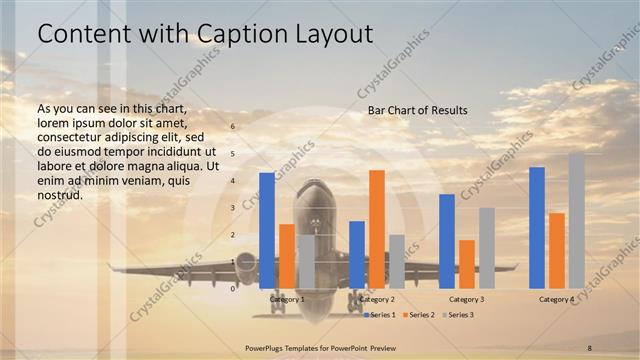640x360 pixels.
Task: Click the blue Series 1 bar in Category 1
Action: point(266,230)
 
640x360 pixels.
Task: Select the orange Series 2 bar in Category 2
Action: point(376,229)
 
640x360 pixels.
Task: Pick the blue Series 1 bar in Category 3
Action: point(447,241)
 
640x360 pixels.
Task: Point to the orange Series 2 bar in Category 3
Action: point(467,264)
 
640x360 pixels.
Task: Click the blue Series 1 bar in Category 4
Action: point(537,227)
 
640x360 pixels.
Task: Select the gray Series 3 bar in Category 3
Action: point(487,248)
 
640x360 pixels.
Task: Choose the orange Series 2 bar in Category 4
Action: point(557,250)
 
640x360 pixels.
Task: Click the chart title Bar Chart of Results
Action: point(417,109)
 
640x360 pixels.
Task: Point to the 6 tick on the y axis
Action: point(233,127)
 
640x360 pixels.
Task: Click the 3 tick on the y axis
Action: point(233,208)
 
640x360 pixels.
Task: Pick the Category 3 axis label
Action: point(467,299)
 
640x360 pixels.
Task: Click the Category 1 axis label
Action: point(287,299)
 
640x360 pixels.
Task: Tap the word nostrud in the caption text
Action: point(58,195)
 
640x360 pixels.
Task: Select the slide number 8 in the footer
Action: point(590,346)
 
